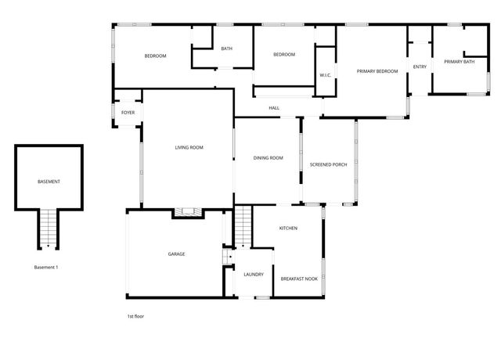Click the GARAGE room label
tap(176, 254)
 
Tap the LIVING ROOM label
tap(189, 147)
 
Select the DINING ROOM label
tap(268, 158)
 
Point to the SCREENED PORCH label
tap(329, 164)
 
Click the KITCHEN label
tap(289, 228)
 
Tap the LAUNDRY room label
tap(254, 275)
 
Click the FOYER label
tap(128, 113)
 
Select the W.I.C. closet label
tap(326, 75)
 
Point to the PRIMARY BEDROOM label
tap(377, 71)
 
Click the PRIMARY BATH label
tap(459, 62)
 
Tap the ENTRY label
tap(420, 67)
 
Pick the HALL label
tap(274, 108)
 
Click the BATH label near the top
tap(226, 49)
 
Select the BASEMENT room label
tap(49, 182)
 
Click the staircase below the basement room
tap(49, 229)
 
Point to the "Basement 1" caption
tap(46, 268)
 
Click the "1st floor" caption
tap(135, 316)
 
